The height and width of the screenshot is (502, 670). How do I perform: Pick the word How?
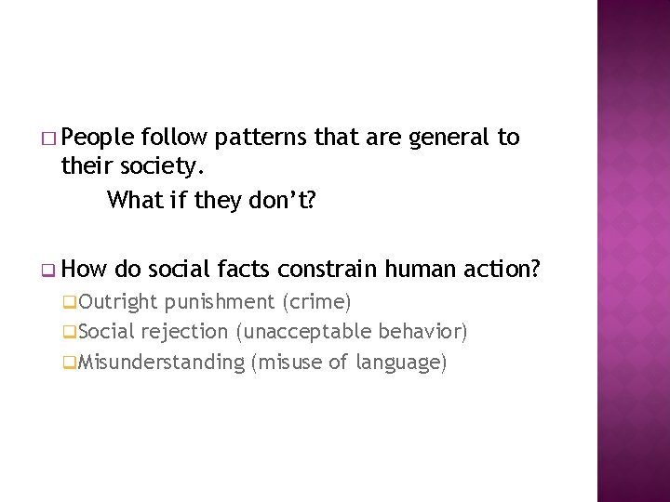87,270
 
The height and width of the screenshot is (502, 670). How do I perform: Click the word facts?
244,270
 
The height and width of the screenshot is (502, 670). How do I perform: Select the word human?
415,270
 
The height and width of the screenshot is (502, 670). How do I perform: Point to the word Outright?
118,301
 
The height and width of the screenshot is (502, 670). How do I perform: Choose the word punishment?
219,302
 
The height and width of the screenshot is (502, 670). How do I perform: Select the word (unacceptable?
303,332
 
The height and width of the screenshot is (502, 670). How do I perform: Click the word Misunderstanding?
161,363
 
